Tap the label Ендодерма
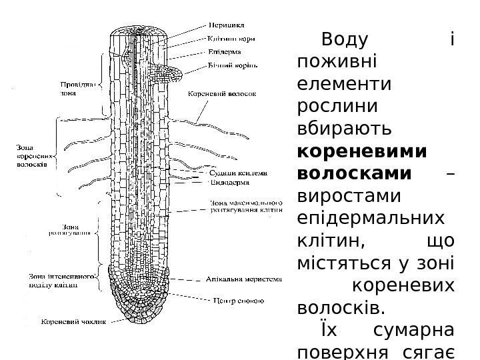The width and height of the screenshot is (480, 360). (x=230, y=181)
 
